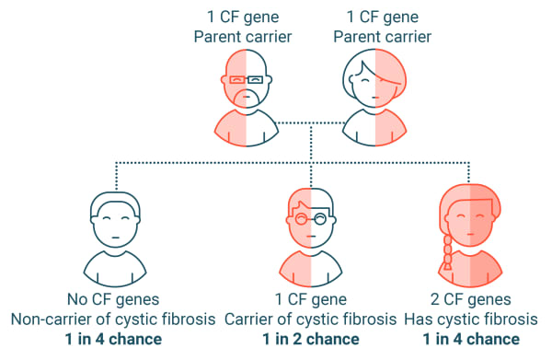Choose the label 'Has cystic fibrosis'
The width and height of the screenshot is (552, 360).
coord(470,319)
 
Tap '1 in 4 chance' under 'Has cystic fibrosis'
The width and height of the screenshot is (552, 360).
coord(470,338)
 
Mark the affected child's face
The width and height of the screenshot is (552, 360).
coord(471,221)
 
